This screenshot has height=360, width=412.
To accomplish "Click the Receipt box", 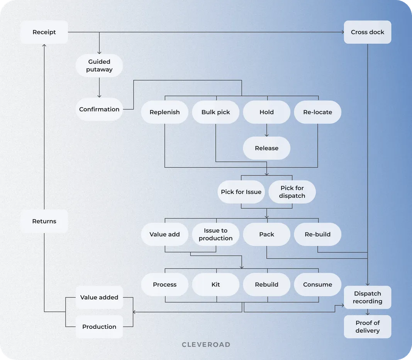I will (44, 32).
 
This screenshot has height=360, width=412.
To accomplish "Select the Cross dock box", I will (367, 32).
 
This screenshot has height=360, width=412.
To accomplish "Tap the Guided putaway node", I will (99, 66).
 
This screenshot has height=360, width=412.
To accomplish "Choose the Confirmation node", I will (99, 109).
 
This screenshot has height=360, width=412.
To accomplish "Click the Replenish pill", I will (165, 112).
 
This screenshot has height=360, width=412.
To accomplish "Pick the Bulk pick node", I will (215, 112).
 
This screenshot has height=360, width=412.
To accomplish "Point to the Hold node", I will (266, 112).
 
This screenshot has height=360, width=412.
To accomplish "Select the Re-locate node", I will (317, 112).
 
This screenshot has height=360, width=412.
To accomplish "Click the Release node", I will (266, 148).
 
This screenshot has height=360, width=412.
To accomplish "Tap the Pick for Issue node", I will (241, 192).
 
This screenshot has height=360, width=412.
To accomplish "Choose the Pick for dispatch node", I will (292, 192).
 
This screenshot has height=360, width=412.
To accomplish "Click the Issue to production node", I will (215, 234).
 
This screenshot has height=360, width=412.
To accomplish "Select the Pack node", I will (266, 234).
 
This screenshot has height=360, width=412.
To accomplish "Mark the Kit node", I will (215, 284).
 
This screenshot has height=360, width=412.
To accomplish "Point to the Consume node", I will (317, 284).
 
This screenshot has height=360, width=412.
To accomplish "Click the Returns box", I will (44, 221).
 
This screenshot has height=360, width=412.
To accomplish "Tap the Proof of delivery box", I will (367, 326).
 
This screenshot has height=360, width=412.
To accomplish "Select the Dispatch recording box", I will (367, 297).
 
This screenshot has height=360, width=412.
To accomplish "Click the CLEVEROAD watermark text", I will (206, 345).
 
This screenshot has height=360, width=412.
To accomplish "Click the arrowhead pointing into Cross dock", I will (342, 32).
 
